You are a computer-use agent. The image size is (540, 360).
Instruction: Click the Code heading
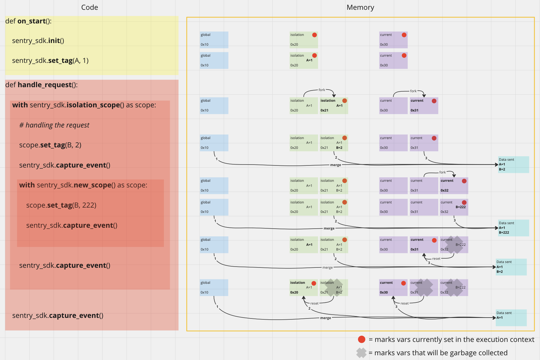90,7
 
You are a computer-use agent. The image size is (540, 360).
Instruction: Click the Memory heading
360,7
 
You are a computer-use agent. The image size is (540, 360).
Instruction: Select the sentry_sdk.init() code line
38,41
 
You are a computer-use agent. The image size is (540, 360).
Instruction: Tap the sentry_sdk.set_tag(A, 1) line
50,60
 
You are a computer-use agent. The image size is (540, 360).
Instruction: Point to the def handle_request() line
41,85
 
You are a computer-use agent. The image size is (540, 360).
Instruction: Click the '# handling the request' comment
54,125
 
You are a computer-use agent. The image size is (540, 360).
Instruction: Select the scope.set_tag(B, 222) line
61,205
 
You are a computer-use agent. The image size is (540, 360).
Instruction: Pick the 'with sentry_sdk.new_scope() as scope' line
83,185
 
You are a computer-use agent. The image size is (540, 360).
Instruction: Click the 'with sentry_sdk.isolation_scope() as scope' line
84,105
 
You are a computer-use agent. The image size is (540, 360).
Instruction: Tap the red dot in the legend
361,339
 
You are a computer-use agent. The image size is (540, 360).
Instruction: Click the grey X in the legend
361,353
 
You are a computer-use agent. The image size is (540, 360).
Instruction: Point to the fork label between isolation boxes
322,90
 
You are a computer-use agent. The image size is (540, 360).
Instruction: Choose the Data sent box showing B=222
513,228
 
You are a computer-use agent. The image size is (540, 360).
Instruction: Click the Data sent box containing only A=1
511,318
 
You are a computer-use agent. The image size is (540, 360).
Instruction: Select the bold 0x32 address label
444,190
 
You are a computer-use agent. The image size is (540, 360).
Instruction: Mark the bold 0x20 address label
294,292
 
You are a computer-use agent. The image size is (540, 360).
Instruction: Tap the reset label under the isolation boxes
314,303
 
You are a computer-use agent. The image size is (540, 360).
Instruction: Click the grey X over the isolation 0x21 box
334,287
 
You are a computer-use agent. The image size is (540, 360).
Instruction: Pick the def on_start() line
28,21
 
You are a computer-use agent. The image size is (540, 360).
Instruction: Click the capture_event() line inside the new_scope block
71,225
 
